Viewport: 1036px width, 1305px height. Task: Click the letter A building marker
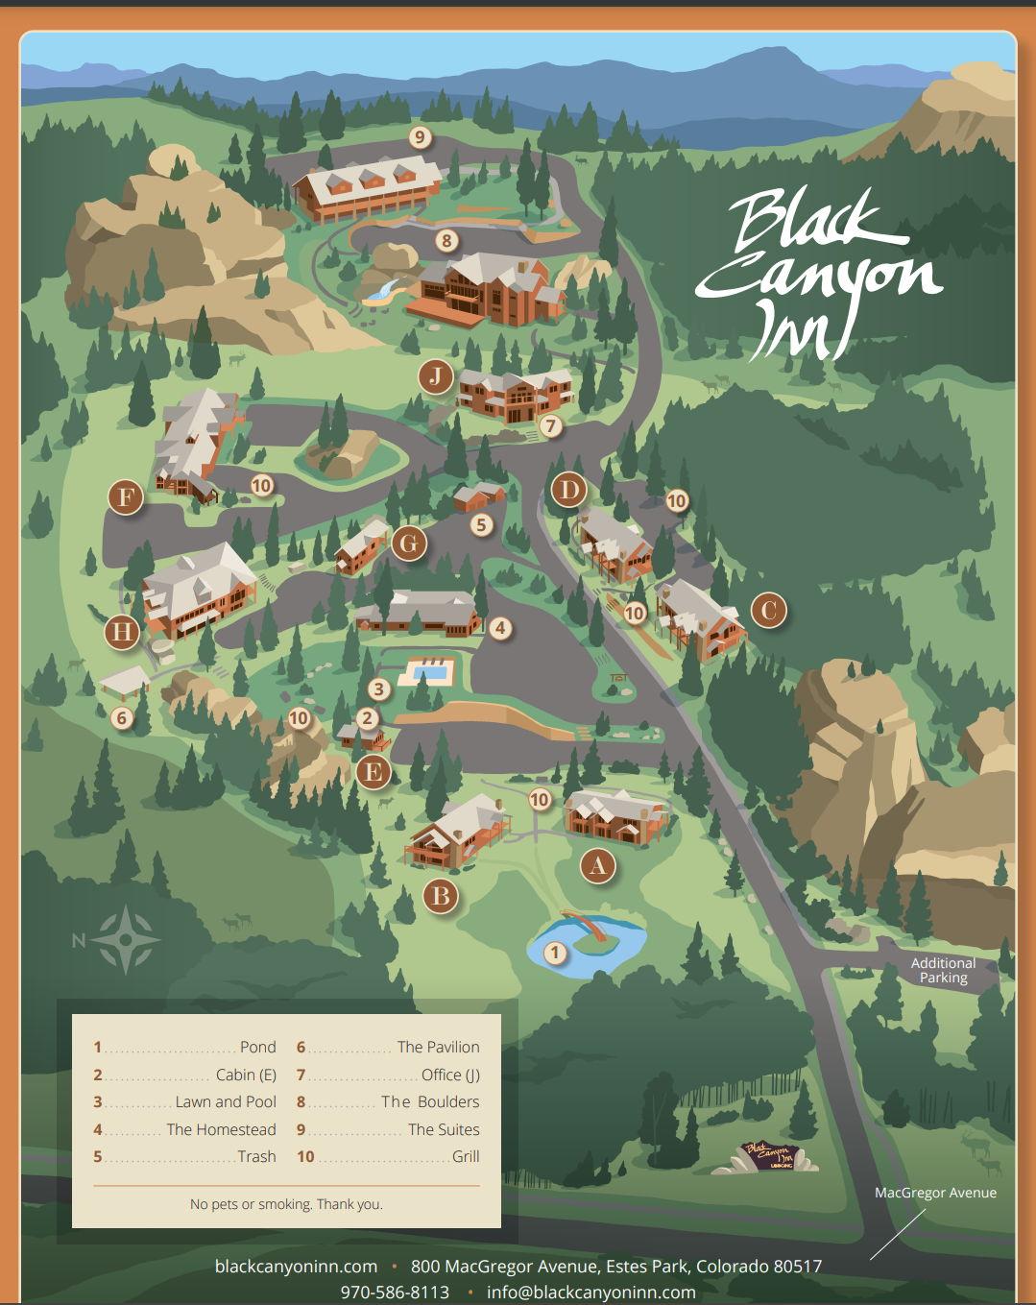(598, 866)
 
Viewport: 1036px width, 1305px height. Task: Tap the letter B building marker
(441, 896)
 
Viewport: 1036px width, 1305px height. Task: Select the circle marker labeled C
(767, 610)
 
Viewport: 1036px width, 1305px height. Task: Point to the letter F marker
(126, 497)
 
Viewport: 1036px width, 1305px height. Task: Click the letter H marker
(122, 632)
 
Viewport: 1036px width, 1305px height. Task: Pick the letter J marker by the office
(435, 375)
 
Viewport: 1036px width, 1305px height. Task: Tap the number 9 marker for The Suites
(419, 137)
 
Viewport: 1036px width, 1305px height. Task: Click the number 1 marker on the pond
(554, 953)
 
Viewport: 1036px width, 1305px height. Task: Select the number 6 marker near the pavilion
(121, 717)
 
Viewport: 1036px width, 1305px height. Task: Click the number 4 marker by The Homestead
(499, 629)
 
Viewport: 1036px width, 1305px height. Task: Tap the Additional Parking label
(943, 970)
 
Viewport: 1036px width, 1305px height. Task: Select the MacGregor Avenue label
(935, 1193)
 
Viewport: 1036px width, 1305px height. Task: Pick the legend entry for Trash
(184, 1156)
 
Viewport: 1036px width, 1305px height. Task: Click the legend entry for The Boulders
(388, 1101)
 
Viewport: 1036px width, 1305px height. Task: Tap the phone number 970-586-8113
(395, 1292)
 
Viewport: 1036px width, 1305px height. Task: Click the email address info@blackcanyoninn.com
(590, 1292)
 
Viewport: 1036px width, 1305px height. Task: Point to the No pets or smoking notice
(286, 1204)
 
